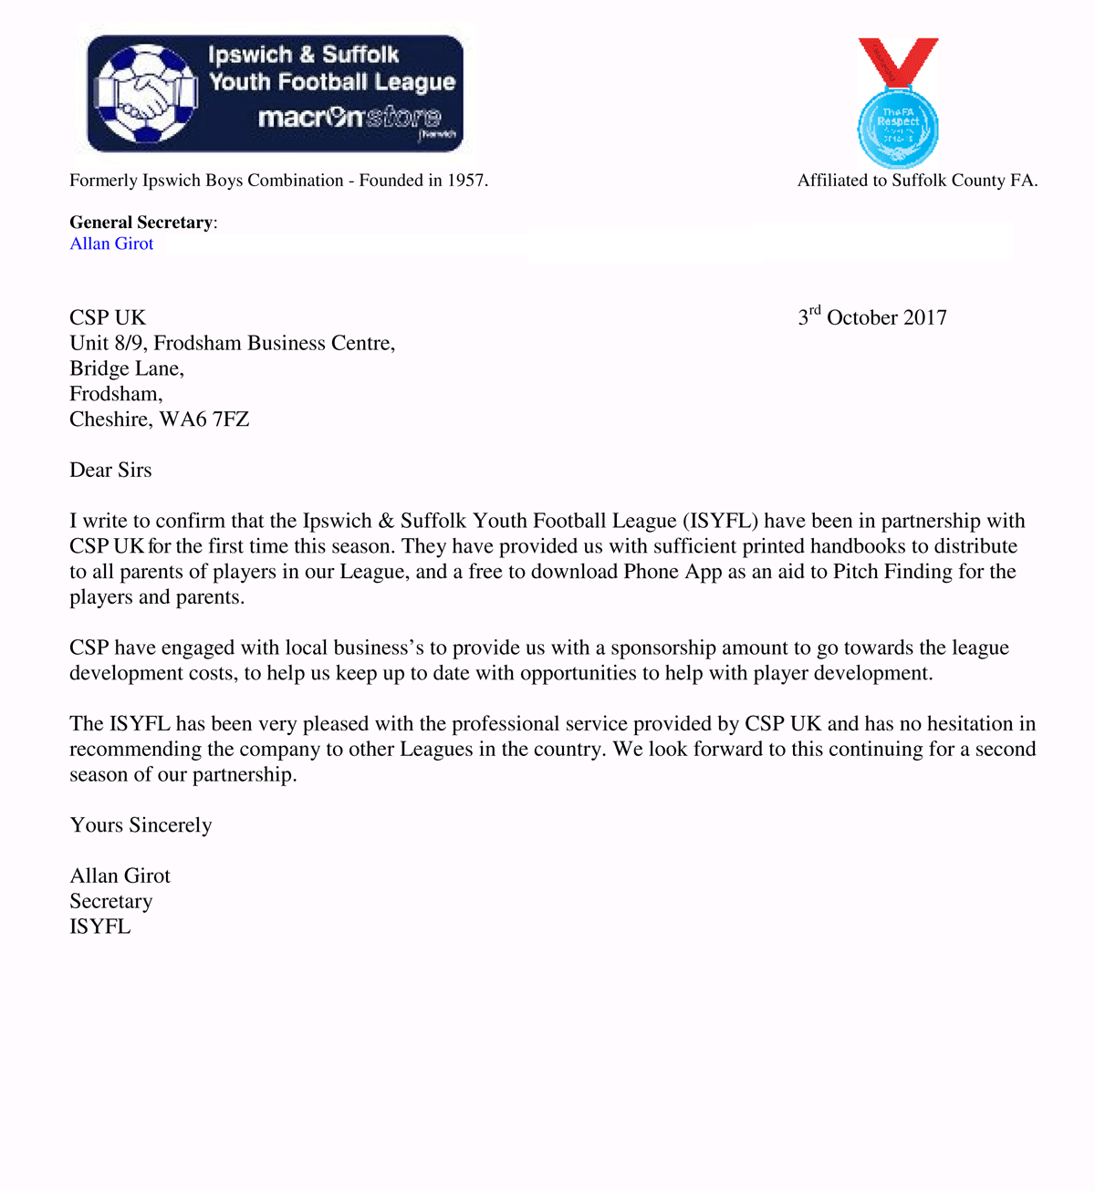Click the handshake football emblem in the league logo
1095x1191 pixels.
click(146, 94)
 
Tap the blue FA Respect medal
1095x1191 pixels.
click(898, 129)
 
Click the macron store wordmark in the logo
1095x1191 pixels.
click(349, 118)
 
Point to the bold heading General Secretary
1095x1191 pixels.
click(141, 223)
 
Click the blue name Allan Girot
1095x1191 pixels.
click(111, 243)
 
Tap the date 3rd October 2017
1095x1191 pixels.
click(872, 317)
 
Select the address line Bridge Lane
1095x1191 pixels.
click(127, 368)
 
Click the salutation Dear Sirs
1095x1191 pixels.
click(110, 471)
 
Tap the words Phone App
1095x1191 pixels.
click(673, 572)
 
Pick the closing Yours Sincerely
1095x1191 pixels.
click(141, 825)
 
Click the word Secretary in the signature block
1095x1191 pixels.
click(110, 901)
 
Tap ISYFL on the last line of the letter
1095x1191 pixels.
click(100, 927)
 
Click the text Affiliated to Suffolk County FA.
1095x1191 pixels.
click(917, 181)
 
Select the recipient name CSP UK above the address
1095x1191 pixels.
click(108, 317)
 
